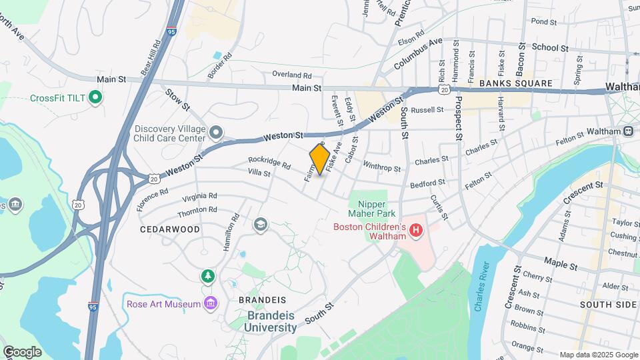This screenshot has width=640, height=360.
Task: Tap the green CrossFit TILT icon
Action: [x=95, y=98]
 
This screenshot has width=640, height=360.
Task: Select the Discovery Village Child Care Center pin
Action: [x=215, y=134]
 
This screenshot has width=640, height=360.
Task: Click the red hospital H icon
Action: [x=417, y=231]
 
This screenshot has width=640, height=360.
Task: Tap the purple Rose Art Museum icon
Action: [x=211, y=304]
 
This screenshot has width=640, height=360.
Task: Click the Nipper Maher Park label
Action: [x=371, y=208]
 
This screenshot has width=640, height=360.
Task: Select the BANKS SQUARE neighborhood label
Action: [x=516, y=83]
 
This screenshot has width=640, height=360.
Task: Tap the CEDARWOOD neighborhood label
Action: [x=170, y=229]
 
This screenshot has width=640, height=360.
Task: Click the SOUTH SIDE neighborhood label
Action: [x=608, y=305]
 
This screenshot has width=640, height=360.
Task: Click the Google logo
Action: [x=22, y=351]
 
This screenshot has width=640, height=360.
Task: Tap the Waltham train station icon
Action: [x=628, y=131]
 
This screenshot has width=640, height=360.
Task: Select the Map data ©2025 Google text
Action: [x=598, y=355]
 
